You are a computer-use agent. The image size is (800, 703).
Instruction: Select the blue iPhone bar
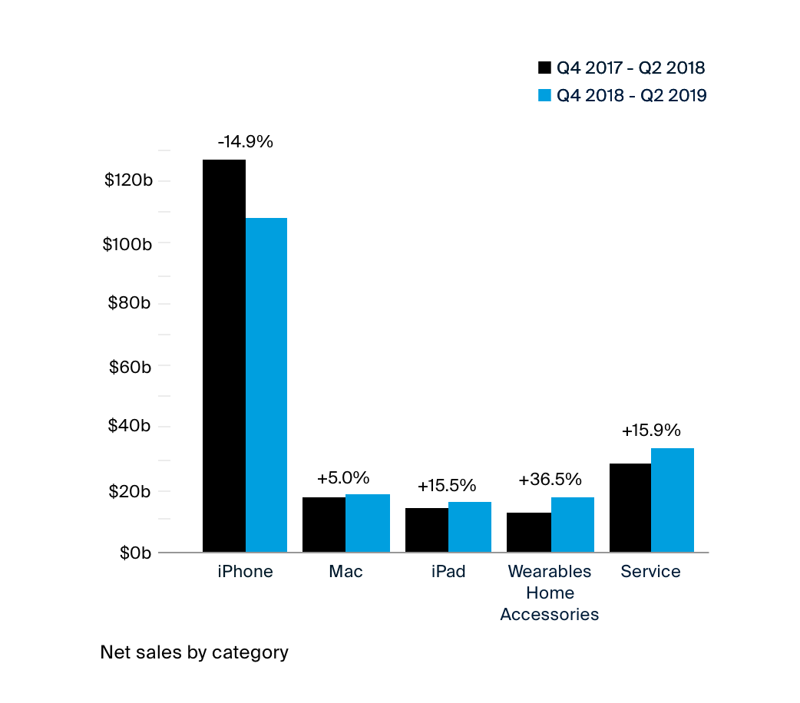point(266,385)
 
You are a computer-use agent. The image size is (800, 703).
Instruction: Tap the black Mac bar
point(323,524)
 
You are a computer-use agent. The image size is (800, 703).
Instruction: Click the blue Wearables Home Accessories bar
point(572,524)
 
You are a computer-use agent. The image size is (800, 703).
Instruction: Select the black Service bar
point(630,507)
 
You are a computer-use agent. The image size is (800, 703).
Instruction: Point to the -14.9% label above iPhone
point(245,141)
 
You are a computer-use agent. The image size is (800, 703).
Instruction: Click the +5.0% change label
point(343,478)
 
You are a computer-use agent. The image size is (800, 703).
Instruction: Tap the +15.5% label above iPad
point(447,486)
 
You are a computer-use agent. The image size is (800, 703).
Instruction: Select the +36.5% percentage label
point(550,480)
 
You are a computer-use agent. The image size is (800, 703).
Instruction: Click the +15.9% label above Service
point(651,431)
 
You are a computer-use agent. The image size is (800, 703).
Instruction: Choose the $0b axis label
point(135,553)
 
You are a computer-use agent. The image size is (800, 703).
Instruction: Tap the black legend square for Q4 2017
point(544,68)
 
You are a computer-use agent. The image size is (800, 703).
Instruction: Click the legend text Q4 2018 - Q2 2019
point(631,95)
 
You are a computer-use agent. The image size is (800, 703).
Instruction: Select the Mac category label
point(345,572)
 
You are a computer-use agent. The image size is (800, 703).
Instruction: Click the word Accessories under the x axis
point(550,615)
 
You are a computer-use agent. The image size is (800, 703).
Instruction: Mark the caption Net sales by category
point(194,652)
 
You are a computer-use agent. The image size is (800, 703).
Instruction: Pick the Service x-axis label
point(650,572)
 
